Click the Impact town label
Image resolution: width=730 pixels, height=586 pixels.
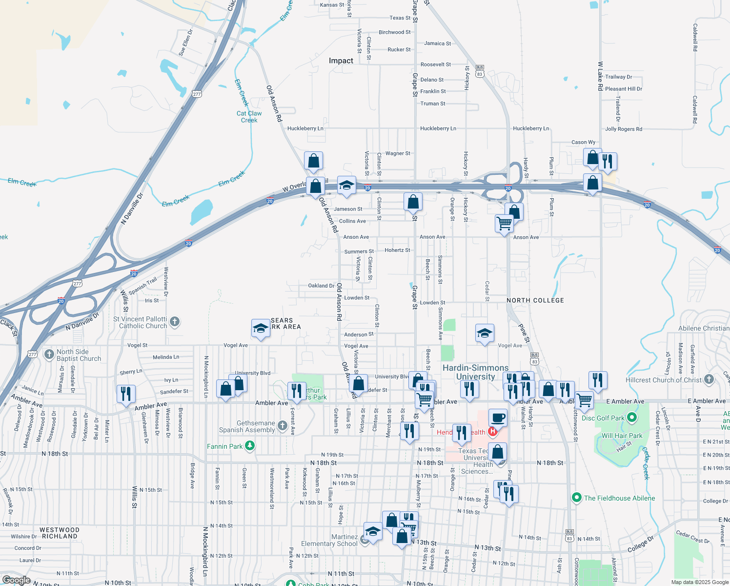(x=341, y=61)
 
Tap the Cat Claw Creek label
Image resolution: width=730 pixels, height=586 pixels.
(x=249, y=117)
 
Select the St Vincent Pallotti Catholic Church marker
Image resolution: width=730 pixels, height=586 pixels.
(x=175, y=321)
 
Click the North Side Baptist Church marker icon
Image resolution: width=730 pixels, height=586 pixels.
(x=49, y=355)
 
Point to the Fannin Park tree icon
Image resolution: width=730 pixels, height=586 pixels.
(x=249, y=445)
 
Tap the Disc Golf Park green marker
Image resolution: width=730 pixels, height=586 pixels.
(x=632, y=418)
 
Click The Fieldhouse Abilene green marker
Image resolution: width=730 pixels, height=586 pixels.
(x=577, y=498)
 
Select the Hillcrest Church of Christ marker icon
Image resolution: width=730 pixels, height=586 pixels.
(x=709, y=379)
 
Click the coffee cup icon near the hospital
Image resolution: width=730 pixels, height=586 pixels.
(x=498, y=418)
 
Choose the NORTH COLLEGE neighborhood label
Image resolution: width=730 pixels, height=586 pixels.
(x=535, y=300)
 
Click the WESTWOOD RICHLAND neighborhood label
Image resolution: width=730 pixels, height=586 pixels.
(x=59, y=533)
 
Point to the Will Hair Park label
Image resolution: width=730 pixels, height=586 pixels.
(x=622, y=436)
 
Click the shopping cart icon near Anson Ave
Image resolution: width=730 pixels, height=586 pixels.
(x=504, y=224)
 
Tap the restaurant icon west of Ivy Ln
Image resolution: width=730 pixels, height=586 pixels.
(x=126, y=394)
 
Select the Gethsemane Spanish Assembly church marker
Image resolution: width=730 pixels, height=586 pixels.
(x=282, y=426)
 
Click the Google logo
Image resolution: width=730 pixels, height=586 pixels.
(x=16, y=580)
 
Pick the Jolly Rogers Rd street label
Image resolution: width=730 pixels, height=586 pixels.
(x=623, y=129)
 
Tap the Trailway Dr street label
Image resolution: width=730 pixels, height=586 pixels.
(x=618, y=77)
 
